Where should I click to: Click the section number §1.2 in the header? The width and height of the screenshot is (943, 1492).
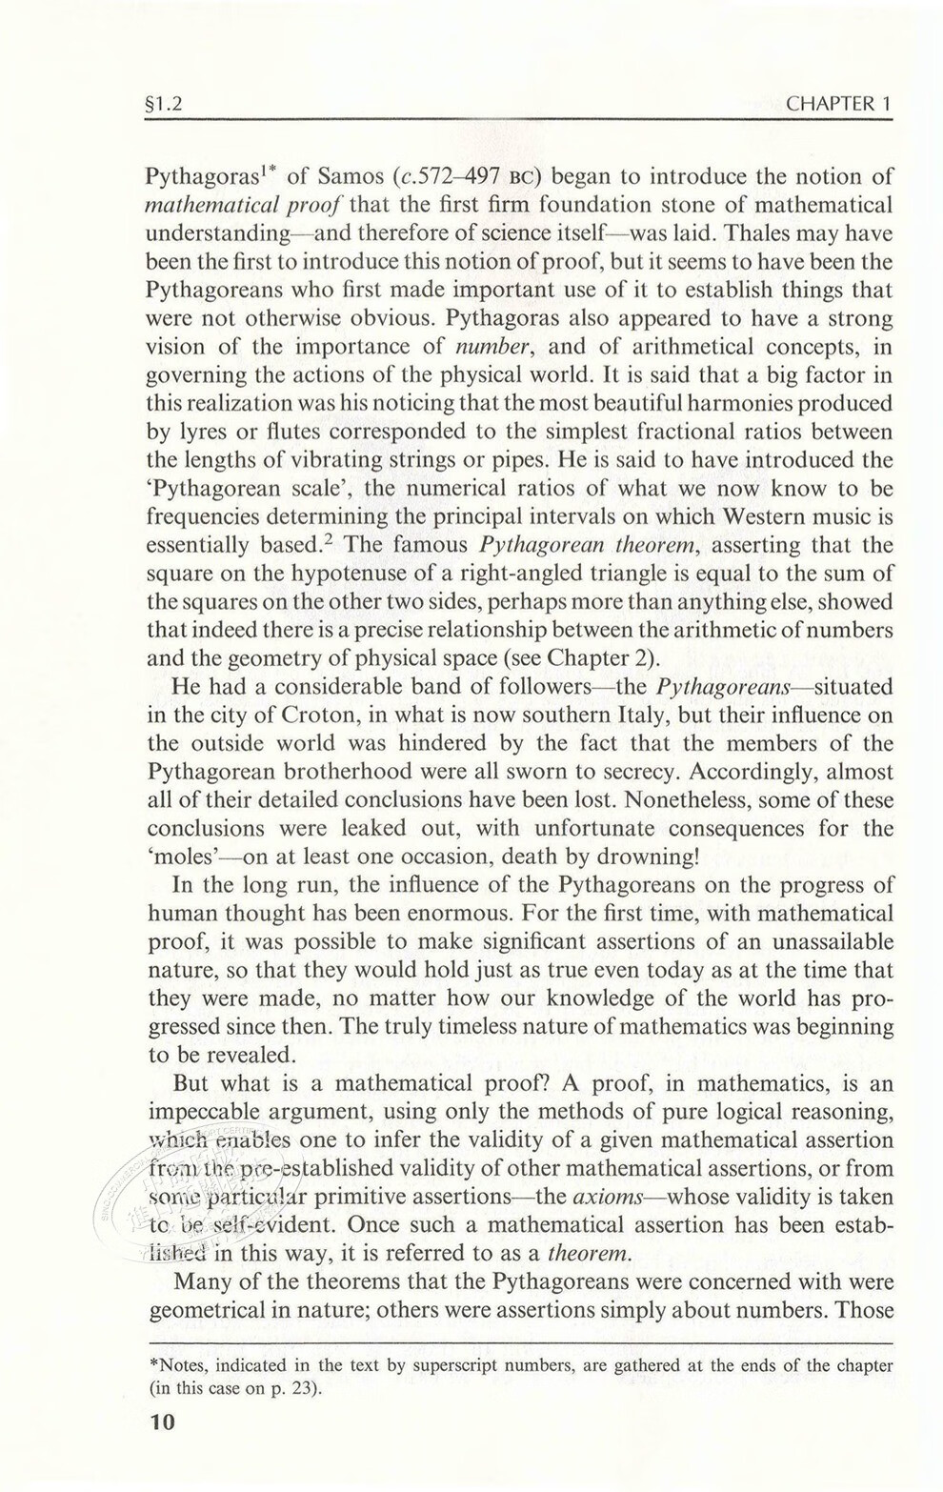click(x=165, y=104)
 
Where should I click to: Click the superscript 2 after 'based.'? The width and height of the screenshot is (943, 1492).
click(x=321, y=540)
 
